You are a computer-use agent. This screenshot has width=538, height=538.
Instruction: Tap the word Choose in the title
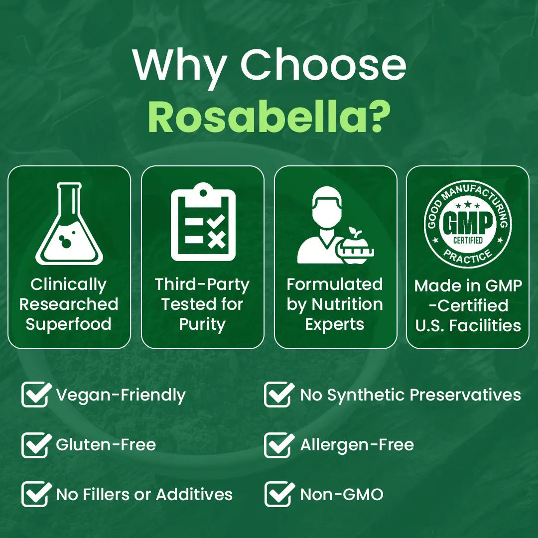pyautogui.click(x=323, y=65)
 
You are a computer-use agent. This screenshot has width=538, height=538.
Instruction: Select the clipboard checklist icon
pyautogui.click(x=203, y=222)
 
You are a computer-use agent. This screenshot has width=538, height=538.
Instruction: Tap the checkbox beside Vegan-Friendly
pyautogui.click(x=35, y=395)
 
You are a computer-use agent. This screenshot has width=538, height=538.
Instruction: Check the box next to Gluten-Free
pyautogui.click(x=35, y=445)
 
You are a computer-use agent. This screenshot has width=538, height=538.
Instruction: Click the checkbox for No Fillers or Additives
pyautogui.click(x=35, y=495)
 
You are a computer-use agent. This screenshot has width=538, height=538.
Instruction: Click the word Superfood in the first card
pyautogui.click(x=69, y=324)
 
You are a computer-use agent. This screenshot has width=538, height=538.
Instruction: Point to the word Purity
pyautogui.click(x=202, y=324)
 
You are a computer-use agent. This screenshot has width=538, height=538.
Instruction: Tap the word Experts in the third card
pyautogui.click(x=335, y=324)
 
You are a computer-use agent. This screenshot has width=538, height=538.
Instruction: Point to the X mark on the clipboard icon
pyautogui.click(x=217, y=241)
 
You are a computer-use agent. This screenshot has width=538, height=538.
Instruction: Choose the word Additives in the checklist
pyautogui.click(x=194, y=495)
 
